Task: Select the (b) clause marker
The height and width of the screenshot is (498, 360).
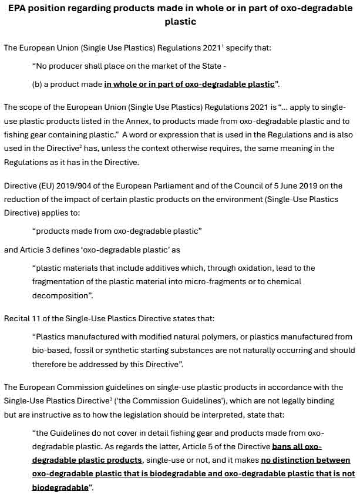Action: coord(37,84)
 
